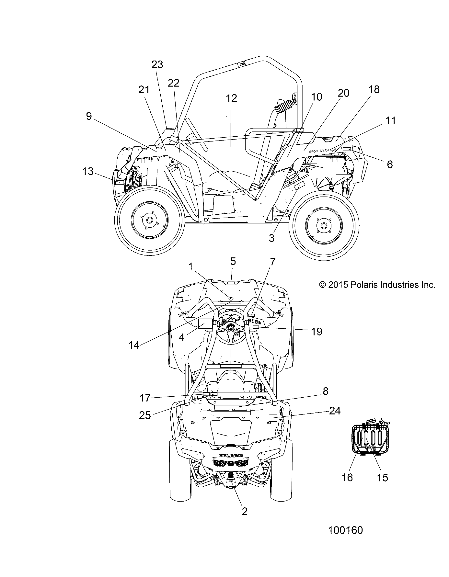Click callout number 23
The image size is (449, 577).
[157, 65]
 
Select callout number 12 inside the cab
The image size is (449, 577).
[231, 98]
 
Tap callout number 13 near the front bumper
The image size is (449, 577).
[88, 171]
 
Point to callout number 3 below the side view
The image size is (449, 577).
[271, 238]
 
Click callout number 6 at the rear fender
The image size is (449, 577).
[390, 164]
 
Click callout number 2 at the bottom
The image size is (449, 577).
[245, 511]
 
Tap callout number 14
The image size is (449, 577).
[134, 345]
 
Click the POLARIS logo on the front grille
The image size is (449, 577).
[231, 456]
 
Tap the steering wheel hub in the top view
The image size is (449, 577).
[230, 327]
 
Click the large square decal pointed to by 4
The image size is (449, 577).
[205, 324]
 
